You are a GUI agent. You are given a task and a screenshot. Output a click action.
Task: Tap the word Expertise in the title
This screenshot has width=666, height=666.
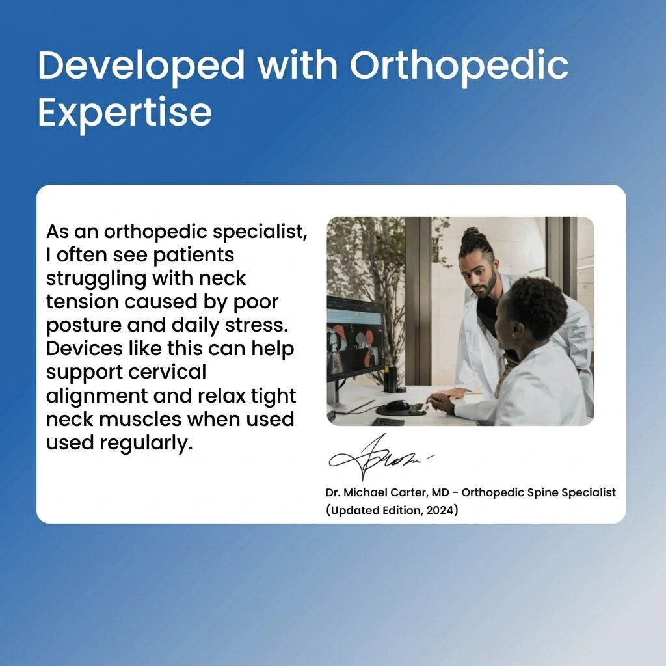click(x=125, y=112)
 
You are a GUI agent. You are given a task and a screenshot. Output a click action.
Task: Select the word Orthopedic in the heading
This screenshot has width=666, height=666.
click(x=459, y=65)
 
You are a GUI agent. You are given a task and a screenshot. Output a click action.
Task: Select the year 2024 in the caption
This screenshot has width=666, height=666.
click(x=442, y=511)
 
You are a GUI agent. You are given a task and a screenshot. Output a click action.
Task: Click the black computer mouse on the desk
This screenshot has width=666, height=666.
click(x=397, y=406)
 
